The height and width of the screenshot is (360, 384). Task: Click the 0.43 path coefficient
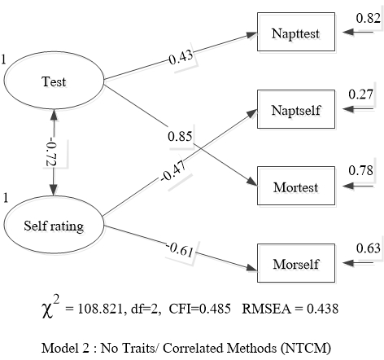(x=181, y=57)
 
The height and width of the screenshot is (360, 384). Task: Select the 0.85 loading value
(x=180, y=136)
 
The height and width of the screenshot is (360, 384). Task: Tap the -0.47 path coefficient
(x=173, y=172)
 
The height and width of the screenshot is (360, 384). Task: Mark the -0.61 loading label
(x=180, y=250)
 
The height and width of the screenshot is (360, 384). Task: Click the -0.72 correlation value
(x=51, y=153)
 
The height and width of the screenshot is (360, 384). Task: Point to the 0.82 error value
(x=368, y=18)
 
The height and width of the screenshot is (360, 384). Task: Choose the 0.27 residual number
(x=360, y=94)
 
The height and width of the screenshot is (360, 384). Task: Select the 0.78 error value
(x=360, y=170)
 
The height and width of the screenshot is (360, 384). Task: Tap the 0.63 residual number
(x=368, y=248)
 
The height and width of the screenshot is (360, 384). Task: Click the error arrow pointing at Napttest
(x=358, y=32)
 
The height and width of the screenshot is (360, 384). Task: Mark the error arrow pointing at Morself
(x=358, y=263)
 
